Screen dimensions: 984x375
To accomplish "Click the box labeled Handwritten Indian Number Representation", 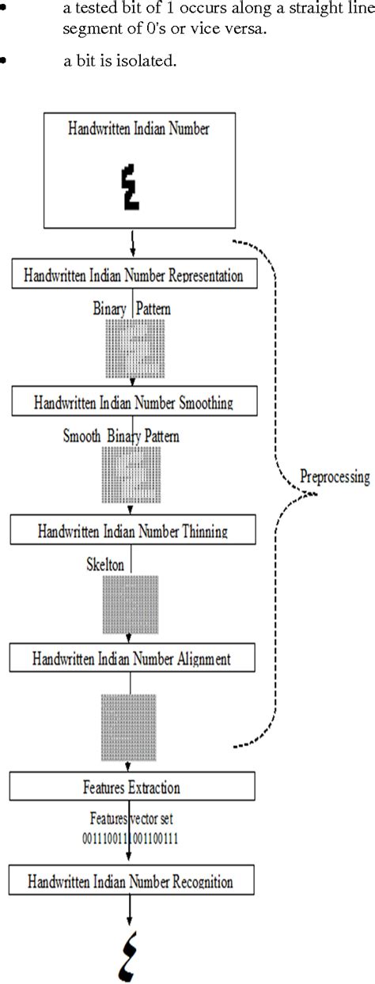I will [x=132, y=276].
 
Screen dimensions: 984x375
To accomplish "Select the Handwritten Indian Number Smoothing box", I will [x=132, y=402].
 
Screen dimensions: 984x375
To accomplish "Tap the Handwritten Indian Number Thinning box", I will [x=132, y=530].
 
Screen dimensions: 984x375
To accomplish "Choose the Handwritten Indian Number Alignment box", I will [x=132, y=657].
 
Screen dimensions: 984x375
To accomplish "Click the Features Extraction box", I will [x=132, y=787].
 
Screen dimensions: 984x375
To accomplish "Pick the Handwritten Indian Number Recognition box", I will [x=132, y=879].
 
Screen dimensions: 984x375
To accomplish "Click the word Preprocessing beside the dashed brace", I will [x=334, y=476].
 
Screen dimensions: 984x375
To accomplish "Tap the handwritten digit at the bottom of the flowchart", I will [x=131, y=955].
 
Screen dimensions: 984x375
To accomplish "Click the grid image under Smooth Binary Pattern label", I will [x=131, y=475].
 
